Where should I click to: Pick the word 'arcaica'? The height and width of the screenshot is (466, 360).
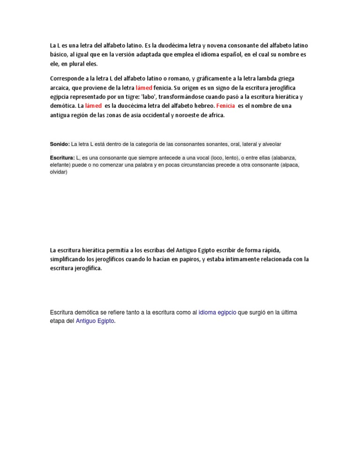click(x=61, y=88)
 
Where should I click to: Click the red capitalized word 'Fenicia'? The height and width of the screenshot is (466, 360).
click(x=227, y=106)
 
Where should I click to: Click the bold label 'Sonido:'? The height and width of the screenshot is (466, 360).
click(x=60, y=144)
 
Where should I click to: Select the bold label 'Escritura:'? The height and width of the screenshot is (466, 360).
click(x=62, y=158)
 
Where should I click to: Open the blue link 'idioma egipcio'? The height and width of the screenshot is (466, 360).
click(x=217, y=312)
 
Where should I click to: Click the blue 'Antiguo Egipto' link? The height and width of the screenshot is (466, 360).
click(x=95, y=321)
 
